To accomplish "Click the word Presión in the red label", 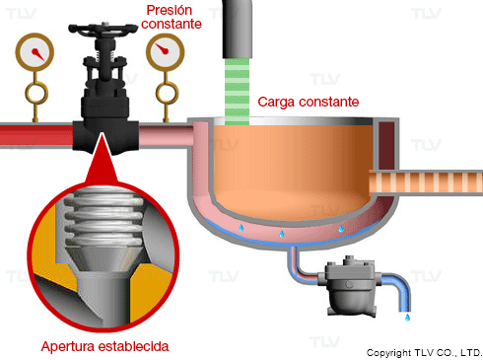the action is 170,10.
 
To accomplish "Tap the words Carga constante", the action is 309,102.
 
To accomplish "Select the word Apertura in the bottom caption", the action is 68,346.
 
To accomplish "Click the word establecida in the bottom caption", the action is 133,346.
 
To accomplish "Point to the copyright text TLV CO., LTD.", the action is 448,353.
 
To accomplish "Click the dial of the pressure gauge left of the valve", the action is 34,52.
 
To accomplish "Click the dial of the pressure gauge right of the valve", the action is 165,52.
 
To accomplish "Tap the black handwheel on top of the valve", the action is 103,29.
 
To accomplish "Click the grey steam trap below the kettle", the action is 351,286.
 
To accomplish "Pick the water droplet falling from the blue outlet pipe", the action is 407,318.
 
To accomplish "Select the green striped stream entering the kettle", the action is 237,92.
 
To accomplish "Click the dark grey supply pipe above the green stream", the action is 238,29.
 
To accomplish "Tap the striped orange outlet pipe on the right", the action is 426,182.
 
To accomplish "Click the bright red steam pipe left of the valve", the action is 36,135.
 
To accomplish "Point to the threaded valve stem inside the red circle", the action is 104,219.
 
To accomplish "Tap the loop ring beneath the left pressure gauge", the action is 36,94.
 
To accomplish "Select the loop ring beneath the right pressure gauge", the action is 168,94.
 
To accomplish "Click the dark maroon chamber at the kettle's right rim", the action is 386,145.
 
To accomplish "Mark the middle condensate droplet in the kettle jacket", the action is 282,234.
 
